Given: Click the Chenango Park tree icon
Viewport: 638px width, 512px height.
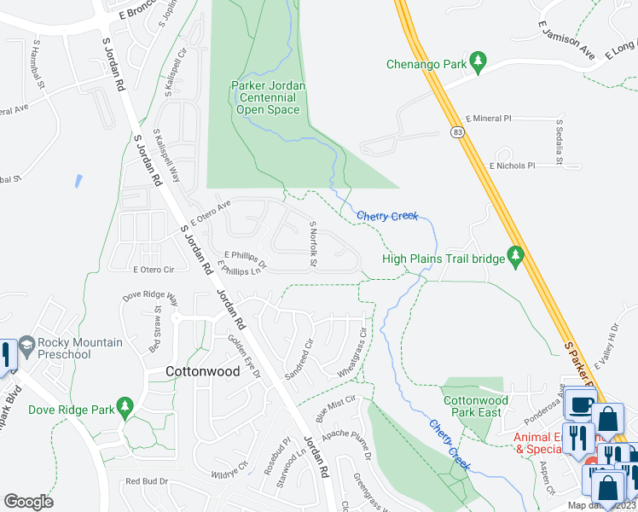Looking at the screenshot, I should tap(479, 61).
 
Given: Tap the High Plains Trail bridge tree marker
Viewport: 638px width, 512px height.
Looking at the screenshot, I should tap(515, 255).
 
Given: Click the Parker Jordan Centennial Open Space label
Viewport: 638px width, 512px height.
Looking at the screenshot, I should tap(268, 97).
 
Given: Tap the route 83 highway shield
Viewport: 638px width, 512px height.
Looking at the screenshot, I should tap(458, 132).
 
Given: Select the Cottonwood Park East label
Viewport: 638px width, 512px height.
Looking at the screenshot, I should tap(475, 406).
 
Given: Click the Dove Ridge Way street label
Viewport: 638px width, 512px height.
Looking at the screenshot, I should tap(150, 298).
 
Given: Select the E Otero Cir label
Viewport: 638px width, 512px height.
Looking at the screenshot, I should tap(154, 270).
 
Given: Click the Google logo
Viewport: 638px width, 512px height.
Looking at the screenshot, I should tap(28, 502).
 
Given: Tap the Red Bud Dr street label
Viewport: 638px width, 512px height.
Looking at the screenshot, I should tap(148, 481).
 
